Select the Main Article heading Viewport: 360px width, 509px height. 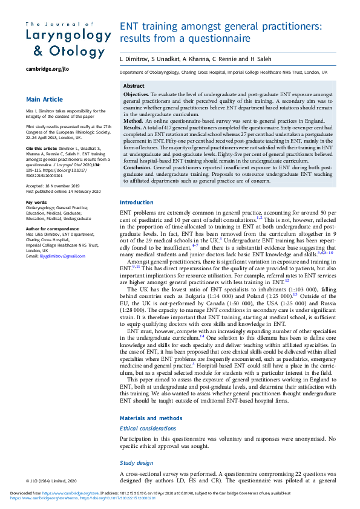pyautogui.click(x=44, y=99)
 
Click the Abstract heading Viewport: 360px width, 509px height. pyautogui.click(x=134, y=86)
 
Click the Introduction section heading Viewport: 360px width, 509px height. pyautogui.click(x=136, y=186)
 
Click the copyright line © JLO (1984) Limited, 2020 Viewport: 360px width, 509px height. pyautogui.click(x=52, y=481)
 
